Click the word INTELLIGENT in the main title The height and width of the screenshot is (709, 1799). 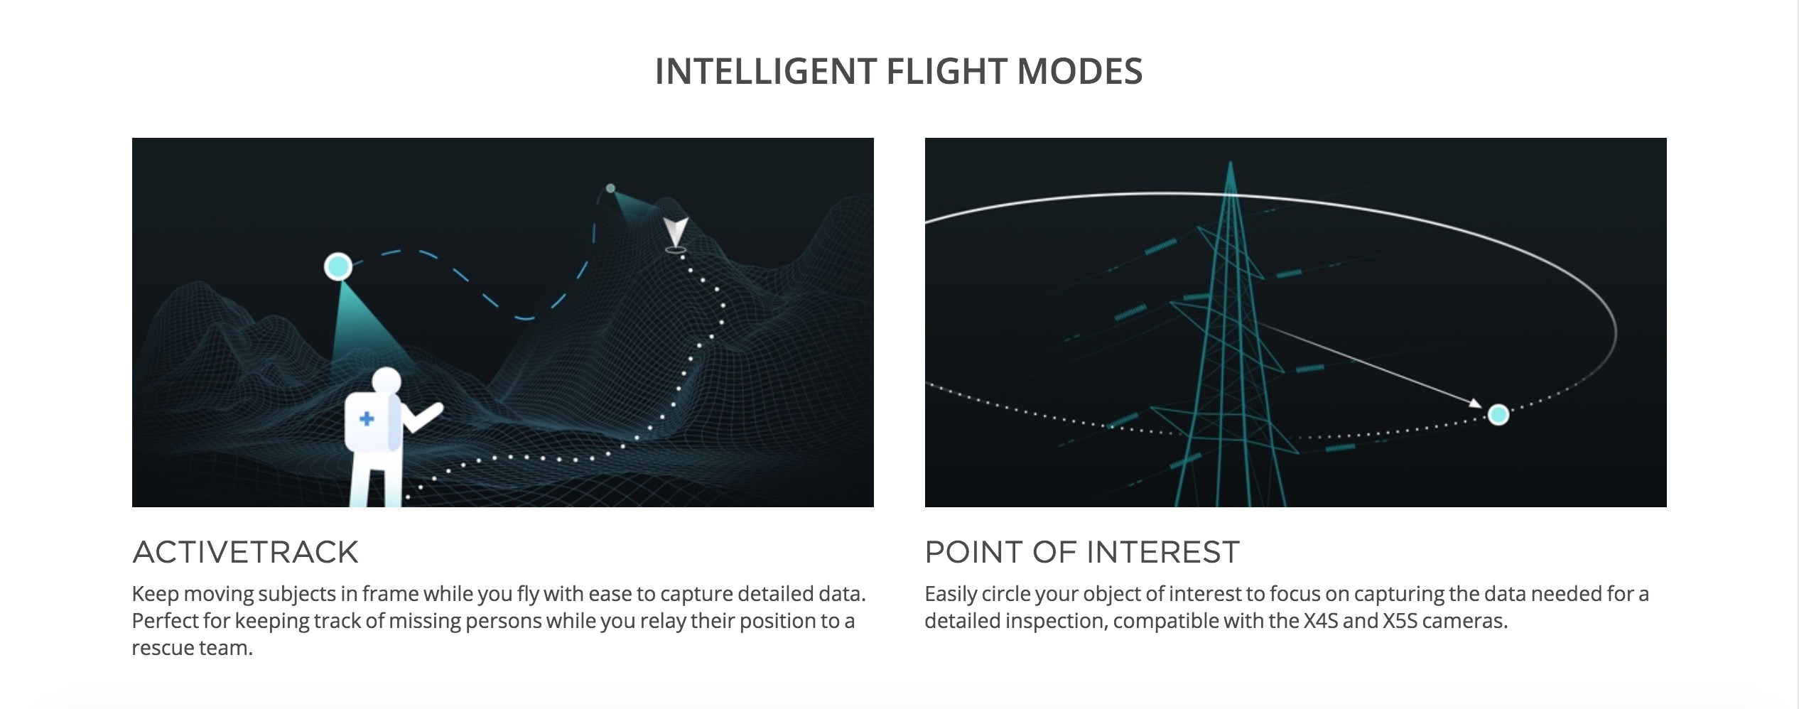[x=765, y=72]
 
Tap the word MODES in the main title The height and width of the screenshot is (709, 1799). [x=1079, y=72]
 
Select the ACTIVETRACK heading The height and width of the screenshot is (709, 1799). [x=245, y=552]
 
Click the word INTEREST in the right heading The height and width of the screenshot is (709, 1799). [x=1162, y=552]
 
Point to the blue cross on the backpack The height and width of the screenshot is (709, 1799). [x=367, y=418]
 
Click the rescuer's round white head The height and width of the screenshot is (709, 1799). [x=387, y=381]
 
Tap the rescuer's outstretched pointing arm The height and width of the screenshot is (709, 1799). [x=423, y=418]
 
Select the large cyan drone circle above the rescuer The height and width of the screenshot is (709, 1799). [x=338, y=266]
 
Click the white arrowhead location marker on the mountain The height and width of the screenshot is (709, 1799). [x=675, y=232]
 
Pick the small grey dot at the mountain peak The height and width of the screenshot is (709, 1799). [x=610, y=188]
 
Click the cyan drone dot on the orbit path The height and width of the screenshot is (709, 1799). [x=1498, y=414]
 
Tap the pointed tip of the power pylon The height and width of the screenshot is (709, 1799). [x=1231, y=163]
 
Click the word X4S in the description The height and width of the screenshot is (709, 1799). [x=1321, y=621]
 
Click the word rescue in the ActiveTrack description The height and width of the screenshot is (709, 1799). [x=164, y=649]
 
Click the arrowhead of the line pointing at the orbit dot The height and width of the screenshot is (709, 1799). [x=1476, y=403]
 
